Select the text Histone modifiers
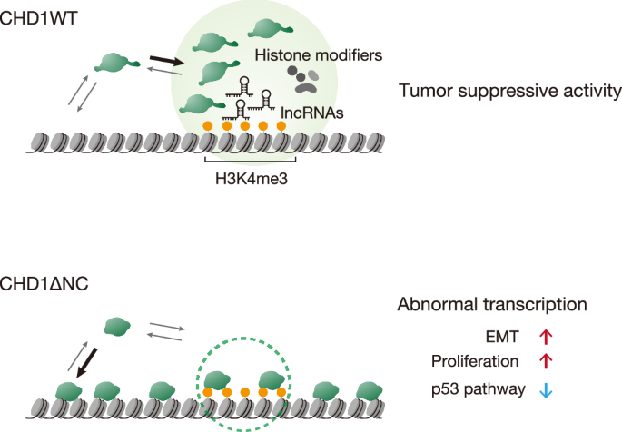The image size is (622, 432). pyautogui.click(x=318, y=55)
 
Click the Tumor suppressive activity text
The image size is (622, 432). pyautogui.click(x=508, y=91)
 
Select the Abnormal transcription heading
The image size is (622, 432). pyautogui.click(x=490, y=304)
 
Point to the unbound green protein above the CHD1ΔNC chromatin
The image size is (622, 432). pyautogui.click(x=117, y=326)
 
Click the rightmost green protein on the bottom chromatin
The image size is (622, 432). pyautogui.click(x=370, y=389)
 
